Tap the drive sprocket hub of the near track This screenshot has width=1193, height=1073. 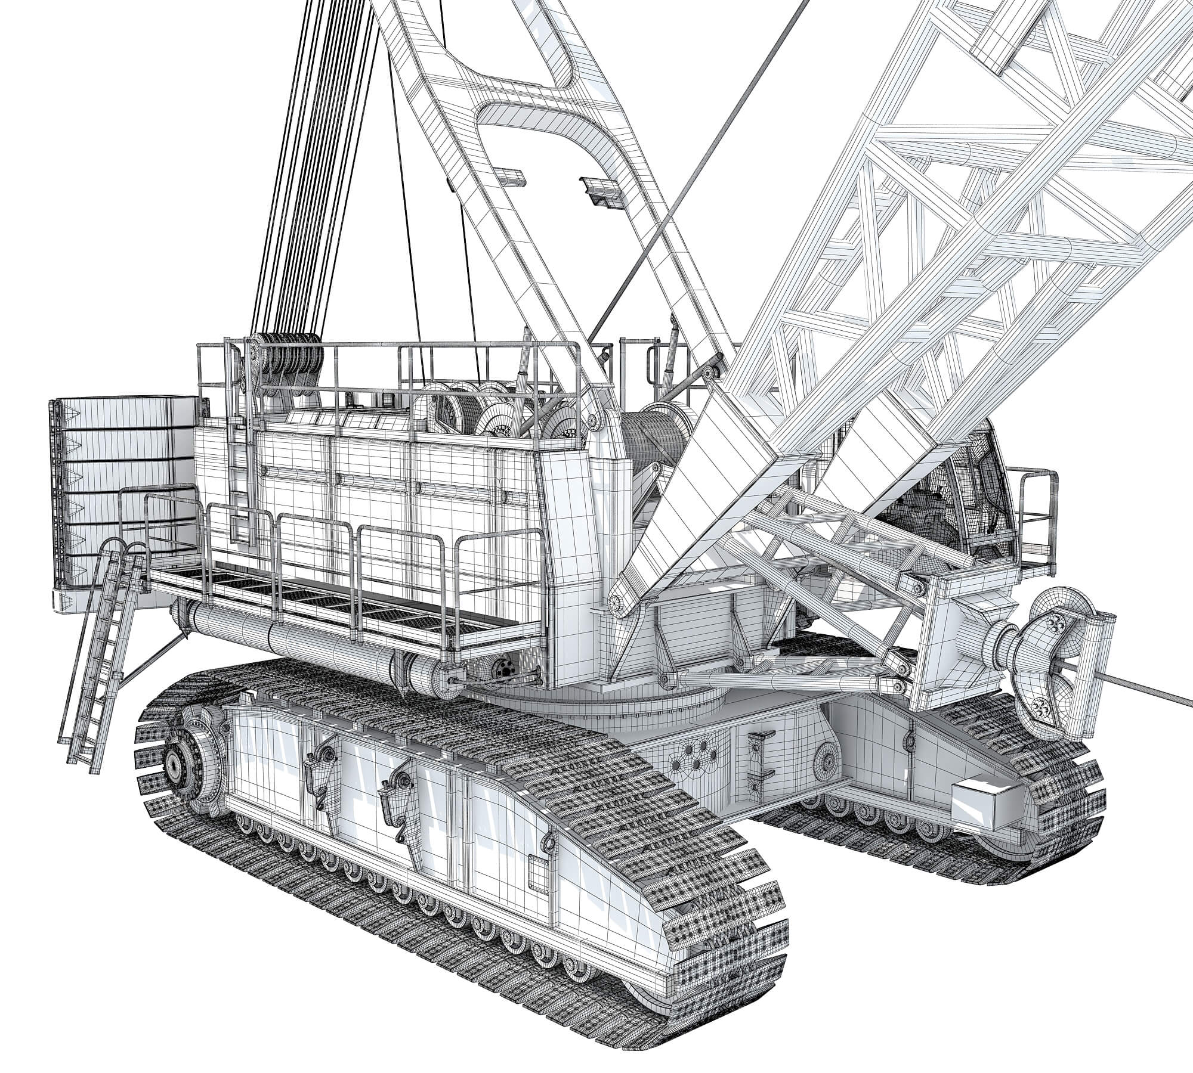[x=174, y=762]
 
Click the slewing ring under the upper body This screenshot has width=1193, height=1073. [x=596, y=703]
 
